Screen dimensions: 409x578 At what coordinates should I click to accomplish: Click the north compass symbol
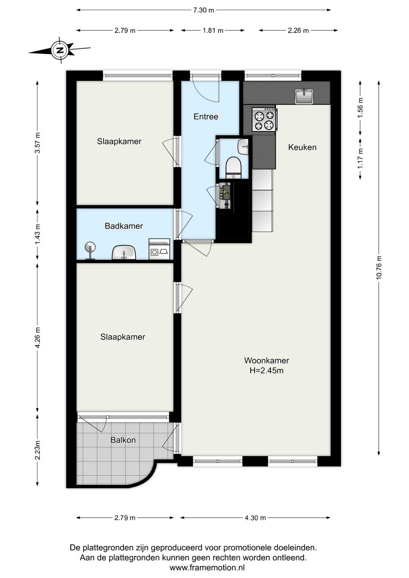60,50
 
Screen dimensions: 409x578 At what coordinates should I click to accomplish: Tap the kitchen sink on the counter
304,96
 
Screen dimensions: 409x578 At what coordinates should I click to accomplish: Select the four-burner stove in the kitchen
264,119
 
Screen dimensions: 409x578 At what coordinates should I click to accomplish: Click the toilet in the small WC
233,167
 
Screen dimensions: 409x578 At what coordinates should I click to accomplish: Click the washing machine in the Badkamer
159,249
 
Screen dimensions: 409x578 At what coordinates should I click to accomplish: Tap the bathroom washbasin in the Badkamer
124,252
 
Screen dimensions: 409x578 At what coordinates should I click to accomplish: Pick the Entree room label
206,117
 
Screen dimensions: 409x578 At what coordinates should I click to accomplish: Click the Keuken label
302,147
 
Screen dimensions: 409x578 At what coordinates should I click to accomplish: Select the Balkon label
123,440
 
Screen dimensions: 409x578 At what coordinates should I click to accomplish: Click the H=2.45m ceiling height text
266,370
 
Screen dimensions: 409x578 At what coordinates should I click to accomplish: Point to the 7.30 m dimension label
204,10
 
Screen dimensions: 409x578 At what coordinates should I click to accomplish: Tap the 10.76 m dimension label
379,267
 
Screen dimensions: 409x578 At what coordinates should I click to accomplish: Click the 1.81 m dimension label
213,30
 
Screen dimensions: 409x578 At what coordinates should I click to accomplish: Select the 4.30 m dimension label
255,518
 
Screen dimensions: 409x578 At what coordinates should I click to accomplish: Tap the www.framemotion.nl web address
207,568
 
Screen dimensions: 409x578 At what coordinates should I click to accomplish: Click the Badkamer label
124,226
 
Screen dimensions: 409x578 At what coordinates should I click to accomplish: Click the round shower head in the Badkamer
90,250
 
